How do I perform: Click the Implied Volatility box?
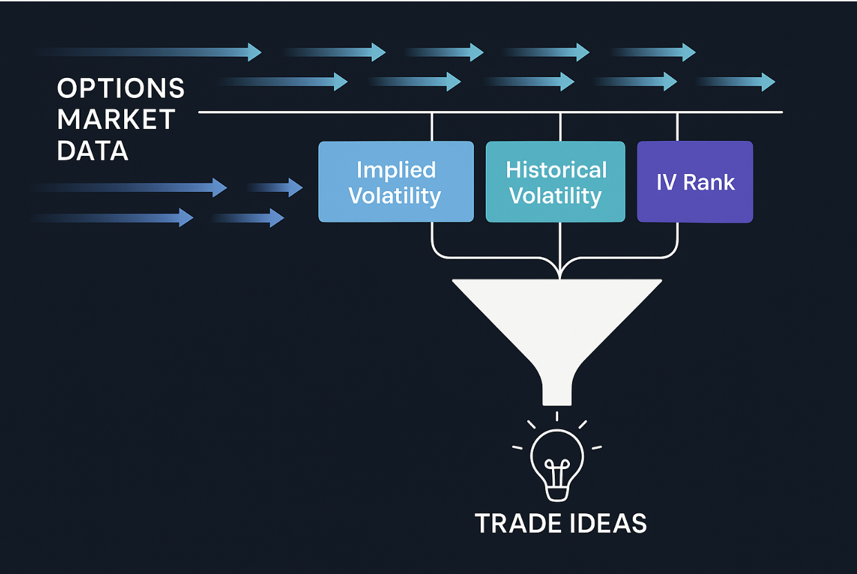coord(395,182)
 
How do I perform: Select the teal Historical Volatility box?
coord(555,182)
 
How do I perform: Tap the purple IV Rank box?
coord(694,182)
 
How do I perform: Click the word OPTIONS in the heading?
coord(121,88)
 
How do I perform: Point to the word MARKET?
coord(116,119)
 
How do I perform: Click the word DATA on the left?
coord(92,150)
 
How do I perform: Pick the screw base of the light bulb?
coord(557,491)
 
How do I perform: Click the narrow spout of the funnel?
coord(557,393)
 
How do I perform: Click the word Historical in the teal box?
coord(556,170)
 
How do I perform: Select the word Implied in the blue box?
coord(396,170)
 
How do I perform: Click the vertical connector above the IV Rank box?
coord(677,127)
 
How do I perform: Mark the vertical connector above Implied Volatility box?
coord(432,127)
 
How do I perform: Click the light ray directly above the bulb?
coord(557,416)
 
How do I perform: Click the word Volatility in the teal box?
coord(556,196)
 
